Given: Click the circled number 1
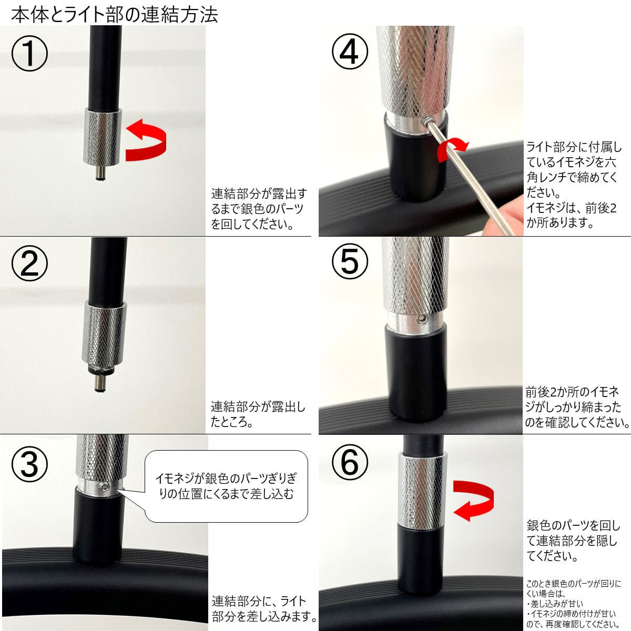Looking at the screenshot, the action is tap(29, 54).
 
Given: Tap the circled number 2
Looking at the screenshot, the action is tap(29, 263).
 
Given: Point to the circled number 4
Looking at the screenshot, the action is tap(350, 52).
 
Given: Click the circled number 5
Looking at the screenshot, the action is tap(350, 261).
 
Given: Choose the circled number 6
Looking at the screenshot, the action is tap(350, 462).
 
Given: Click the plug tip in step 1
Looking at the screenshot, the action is tap(101, 173).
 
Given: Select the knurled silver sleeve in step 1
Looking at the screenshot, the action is tap(102, 136).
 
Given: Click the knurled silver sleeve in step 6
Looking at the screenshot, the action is tap(422, 492).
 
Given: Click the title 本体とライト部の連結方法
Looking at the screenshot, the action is tap(115, 14).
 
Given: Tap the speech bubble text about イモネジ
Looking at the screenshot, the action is tap(226, 486).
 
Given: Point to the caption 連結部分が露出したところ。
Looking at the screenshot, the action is tap(258, 414).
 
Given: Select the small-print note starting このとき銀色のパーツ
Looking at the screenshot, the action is tap(574, 604).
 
